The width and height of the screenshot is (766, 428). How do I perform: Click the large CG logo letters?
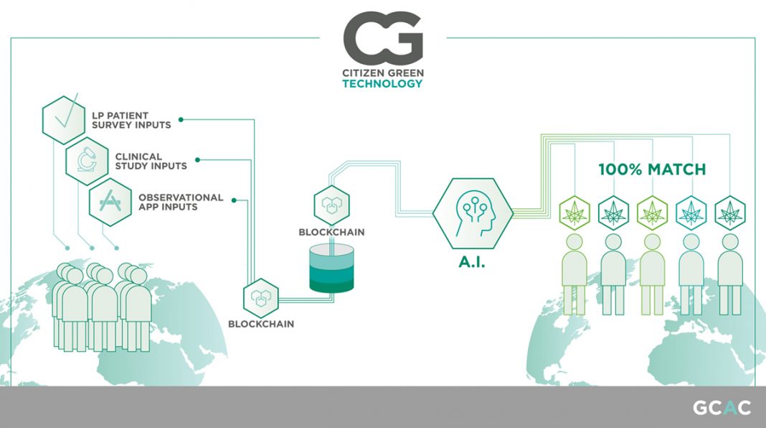(383, 34)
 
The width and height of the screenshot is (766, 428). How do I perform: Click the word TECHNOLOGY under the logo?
(382, 83)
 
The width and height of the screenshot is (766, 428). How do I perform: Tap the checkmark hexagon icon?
(64, 120)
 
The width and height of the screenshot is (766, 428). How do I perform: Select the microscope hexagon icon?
(87, 161)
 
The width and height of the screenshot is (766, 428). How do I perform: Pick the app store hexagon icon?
(110, 202)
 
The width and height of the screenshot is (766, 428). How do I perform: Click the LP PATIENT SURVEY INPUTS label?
(131, 121)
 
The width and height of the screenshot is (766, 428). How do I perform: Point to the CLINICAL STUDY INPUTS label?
(151, 162)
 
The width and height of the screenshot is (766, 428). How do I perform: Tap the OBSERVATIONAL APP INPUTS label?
(181, 202)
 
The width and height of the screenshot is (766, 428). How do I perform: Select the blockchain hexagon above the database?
(331, 205)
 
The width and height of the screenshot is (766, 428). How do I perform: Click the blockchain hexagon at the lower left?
(261, 298)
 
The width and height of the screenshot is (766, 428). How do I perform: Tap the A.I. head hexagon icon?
(473, 213)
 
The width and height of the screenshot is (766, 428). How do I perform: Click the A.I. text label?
(472, 262)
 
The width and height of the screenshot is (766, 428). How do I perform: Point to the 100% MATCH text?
(652, 169)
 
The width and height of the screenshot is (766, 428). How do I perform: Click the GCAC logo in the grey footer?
(722, 407)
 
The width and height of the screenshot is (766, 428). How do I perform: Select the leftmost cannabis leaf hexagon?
(574, 213)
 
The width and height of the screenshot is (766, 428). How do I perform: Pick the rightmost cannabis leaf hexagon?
(730, 213)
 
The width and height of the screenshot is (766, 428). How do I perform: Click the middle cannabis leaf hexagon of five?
(652, 213)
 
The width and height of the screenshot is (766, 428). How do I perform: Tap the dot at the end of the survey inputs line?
(181, 119)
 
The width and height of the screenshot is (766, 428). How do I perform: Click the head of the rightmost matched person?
(730, 241)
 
